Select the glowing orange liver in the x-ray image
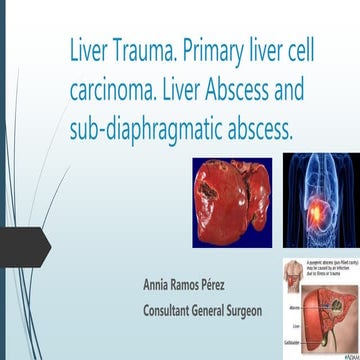[x=317, y=205]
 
